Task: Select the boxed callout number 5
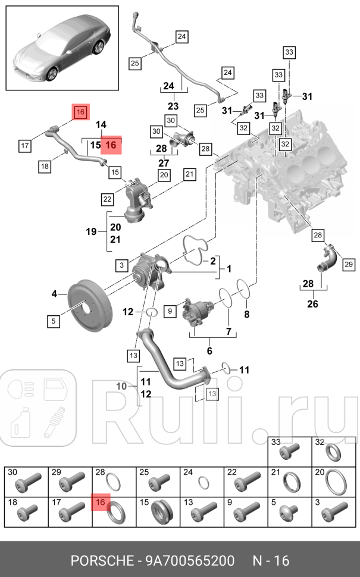53,321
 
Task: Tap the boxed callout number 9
169,310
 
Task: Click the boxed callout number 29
348,264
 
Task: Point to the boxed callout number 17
24,145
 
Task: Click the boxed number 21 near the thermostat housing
189,174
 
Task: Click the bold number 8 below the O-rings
247,313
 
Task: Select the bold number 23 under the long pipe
173,106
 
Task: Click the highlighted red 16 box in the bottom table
100,503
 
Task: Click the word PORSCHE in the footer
101,560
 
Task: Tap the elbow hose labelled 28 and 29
327,262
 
